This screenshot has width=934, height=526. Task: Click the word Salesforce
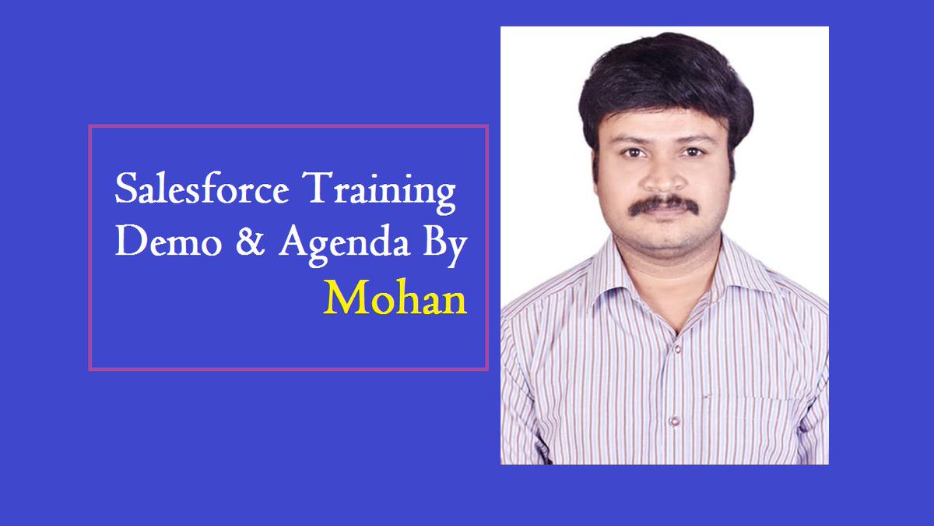(x=202, y=191)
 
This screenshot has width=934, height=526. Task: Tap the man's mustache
(x=663, y=204)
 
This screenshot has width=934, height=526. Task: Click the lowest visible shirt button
(x=674, y=421)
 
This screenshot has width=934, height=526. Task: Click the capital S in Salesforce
(x=125, y=191)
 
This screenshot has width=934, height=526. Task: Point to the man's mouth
(x=664, y=219)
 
